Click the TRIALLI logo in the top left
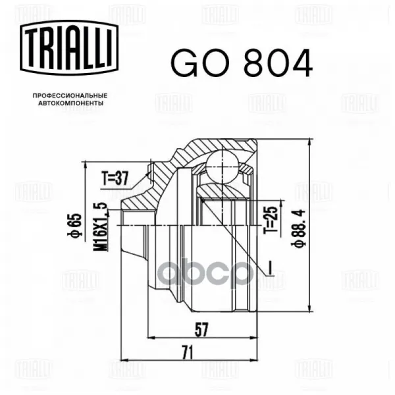pyautogui.click(x=69, y=47)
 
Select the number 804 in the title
pyautogui.click(x=278, y=63)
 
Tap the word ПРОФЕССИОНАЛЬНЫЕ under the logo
pyautogui.click(x=70, y=95)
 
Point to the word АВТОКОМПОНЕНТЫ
pyautogui.click(x=71, y=103)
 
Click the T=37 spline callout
pyautogui.click(x=115, y=178)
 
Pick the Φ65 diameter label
pyautogui.click(x=74, y=225)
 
